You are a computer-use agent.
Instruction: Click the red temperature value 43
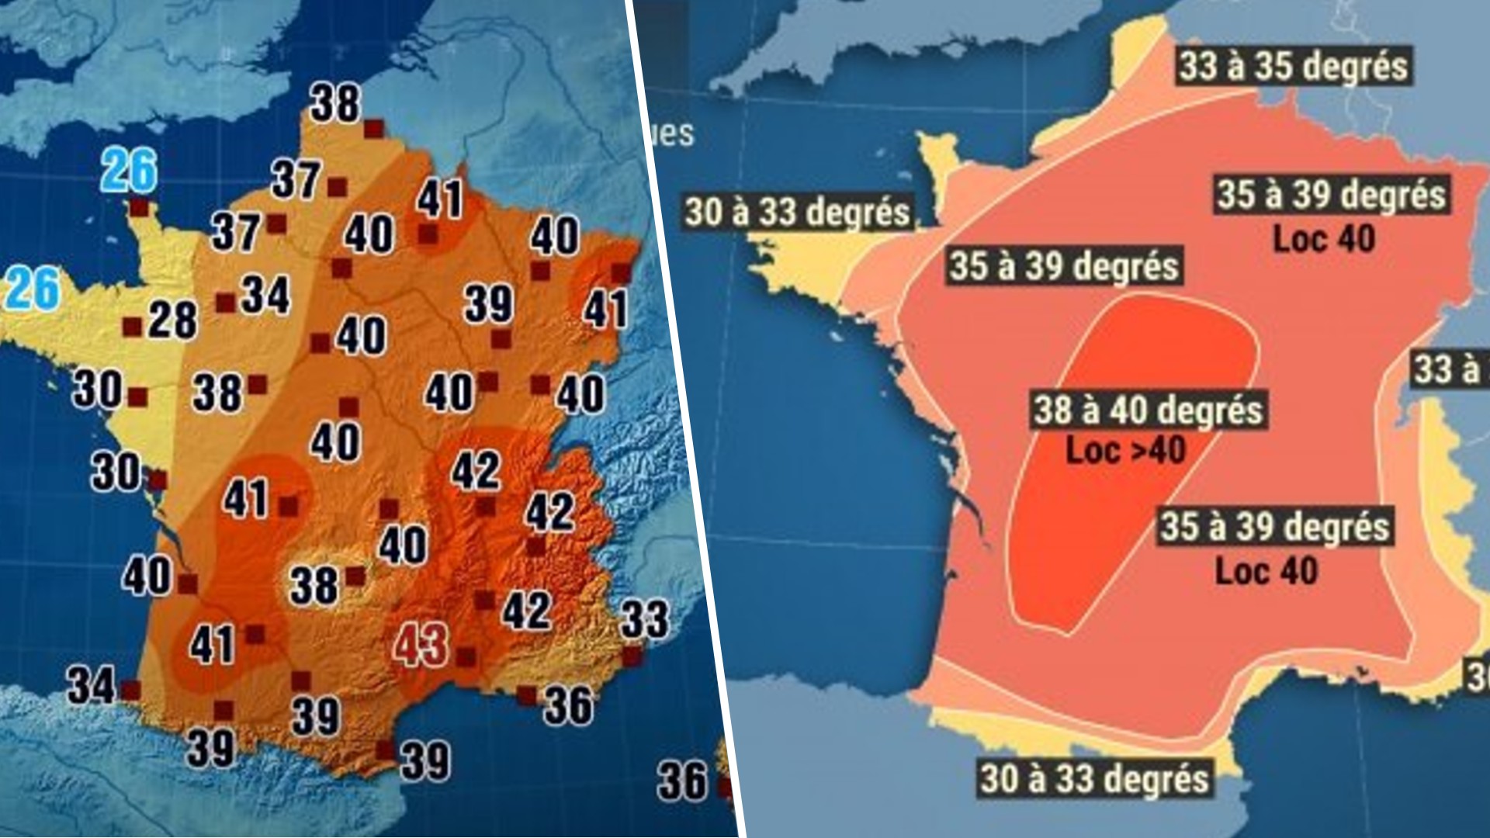point(421,645)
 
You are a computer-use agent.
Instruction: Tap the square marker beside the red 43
point(466,657)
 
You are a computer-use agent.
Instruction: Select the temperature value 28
point(172,320)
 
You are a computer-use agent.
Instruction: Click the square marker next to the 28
point(132,327)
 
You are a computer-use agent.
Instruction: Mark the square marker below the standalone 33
point(632,656)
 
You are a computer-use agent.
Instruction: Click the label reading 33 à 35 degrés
point(1293,66)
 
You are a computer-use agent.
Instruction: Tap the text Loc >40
point(1126,451)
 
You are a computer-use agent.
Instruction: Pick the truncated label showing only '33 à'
point(1446,369)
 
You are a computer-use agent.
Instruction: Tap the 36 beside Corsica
point(682,780)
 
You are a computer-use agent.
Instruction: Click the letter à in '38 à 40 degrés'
point(1091,410)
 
